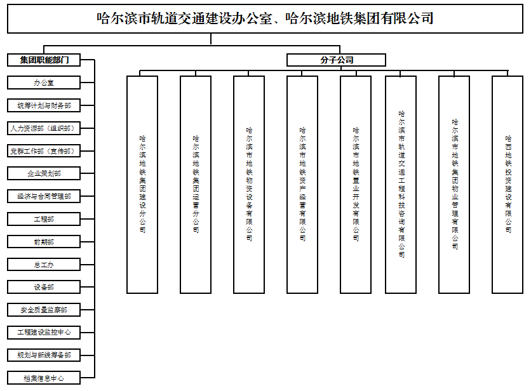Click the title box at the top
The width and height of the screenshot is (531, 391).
pos(265,19)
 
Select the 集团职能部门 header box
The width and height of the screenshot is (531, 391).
pos(44,60)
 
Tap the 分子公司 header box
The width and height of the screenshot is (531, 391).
pos(336,60)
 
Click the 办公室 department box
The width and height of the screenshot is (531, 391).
pos(44,83)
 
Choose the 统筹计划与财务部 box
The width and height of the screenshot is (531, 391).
pos(44,105)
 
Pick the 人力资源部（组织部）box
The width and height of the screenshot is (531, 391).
pos(44,128)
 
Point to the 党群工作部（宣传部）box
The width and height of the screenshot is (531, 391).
pos(44,151)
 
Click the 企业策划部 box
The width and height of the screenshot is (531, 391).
pos(44,173)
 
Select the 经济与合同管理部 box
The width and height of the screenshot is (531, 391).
pos(44,196)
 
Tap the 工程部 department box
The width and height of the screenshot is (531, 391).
pos(44,219)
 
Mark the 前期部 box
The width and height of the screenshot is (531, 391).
pos(44,242)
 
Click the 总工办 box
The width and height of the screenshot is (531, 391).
pos(44,265)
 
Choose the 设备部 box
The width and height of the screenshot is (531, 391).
pos(44,287)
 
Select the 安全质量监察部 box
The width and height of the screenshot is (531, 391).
pos(44,310)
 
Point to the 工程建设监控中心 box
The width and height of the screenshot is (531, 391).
pos(44,332)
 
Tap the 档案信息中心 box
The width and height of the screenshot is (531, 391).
pos(44,378)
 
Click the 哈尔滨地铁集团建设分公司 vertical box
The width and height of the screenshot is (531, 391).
pos(142,184)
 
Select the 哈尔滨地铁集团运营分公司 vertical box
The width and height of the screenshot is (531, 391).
pos(196,184)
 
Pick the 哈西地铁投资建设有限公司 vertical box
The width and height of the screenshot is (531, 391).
pos(507,184)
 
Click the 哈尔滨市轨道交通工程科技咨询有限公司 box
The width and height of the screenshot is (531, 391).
pos(401,184)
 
